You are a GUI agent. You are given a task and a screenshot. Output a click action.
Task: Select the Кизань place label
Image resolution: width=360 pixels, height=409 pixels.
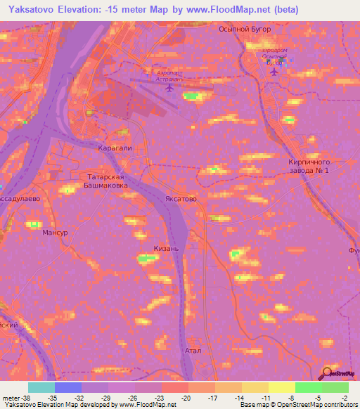coord(167,249)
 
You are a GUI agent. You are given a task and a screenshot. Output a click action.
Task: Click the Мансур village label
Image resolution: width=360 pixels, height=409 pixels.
coord(54,232)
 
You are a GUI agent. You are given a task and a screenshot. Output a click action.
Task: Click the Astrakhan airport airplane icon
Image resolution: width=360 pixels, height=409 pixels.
coord(169,88)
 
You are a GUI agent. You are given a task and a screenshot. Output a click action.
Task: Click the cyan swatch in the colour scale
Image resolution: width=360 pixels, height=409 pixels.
coord(41,387)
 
